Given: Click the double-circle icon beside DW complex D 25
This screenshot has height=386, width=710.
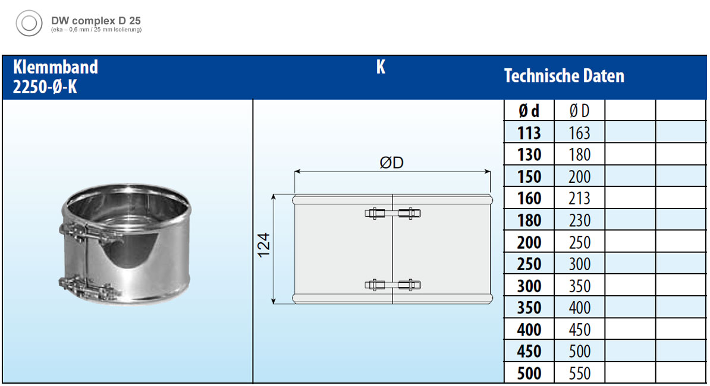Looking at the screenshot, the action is click(x=29, y=23).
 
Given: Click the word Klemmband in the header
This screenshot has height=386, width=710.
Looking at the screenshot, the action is click(x=55, y=67).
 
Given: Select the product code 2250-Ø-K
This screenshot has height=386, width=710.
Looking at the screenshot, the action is click(x=45, y=86).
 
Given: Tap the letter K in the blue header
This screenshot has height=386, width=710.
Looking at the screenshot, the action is click(x=381, y=67).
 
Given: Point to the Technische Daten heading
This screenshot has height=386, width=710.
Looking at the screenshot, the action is click(x=564, y=76).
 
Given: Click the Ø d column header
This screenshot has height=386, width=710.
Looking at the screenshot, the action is click(x=529, y=110).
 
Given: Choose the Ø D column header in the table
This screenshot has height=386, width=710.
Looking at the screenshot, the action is click(x=580, y=110).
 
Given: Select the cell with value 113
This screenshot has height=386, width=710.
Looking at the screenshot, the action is click(x=529, y=133).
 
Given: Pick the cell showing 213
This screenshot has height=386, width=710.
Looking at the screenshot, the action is click(x=580, y=198).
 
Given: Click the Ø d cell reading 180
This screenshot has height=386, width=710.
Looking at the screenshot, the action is click(x=529, y=220).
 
